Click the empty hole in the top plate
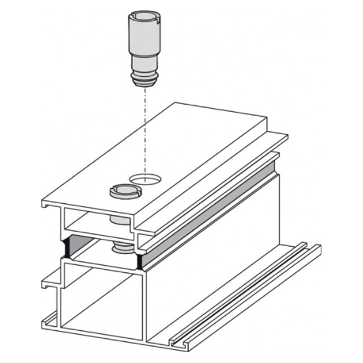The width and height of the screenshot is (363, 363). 145,178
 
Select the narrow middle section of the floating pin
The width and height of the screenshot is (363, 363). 143,64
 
